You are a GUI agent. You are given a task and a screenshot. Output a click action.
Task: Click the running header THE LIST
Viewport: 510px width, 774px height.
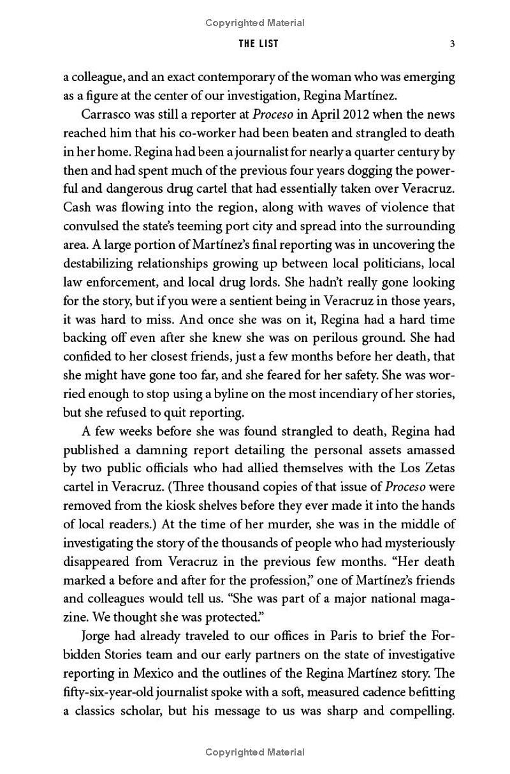(258, 44)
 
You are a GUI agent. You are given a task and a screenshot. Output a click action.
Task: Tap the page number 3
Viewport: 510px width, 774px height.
(451, 44)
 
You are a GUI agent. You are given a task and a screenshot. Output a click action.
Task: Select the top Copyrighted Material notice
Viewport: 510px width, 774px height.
(255, 23)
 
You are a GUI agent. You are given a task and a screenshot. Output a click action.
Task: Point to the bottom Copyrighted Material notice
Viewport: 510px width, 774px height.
(255, 753)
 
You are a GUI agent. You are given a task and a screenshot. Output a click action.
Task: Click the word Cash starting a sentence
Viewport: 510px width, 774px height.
(76, 207)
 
